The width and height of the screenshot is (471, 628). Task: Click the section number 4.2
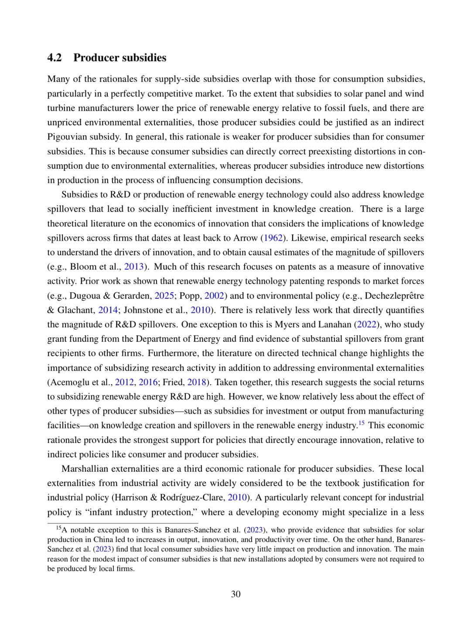pyautogui.click(x=55, y=58)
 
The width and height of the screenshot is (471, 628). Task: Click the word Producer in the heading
pyautogui.click(x=94, y=58)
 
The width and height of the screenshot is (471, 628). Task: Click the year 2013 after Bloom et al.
pyautogui.click(x=134, y=267)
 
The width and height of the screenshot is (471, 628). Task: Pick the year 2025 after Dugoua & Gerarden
pyautogui.click(x=164, y=296)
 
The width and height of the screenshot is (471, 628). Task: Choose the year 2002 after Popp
pyautogui.click(x=214, y=296)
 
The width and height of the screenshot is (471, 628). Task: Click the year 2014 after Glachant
pyautogui.click(x=108, y=310)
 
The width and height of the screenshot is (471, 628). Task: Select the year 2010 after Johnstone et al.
pyautogui.click(x=200, y=310)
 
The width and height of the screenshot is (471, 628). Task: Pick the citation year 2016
pyautogui.click(x=148, y=382)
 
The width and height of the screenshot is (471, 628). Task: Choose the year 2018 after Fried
pyautogui.click(x=196, y=382)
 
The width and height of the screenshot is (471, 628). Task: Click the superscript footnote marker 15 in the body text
pyautogui.click(x=361, y=423)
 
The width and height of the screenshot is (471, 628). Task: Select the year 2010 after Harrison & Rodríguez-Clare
pyautogui.click(x=238, y=498)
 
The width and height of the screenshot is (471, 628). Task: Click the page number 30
pyautogui.click(x=235, y=594)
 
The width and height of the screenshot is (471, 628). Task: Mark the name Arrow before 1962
pyautogui.click(x=246, y=238)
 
